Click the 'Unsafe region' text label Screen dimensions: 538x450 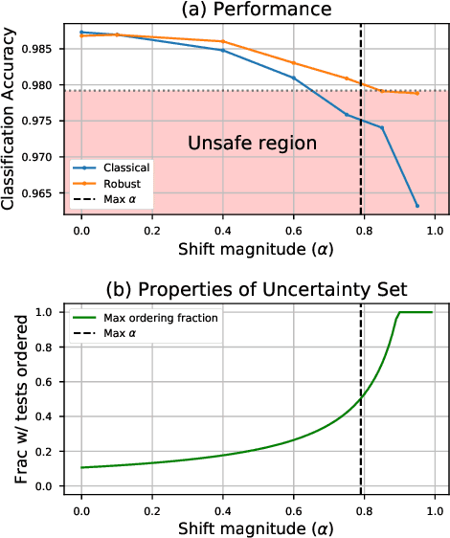[x=239, y=145]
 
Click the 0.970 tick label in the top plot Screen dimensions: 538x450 [x=48, y=157]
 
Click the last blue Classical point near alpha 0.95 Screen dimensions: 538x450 [x=416, y=206]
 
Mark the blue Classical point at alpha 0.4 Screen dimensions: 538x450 [x=223, y=50]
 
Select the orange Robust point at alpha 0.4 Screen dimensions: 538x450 [x=223, y=41]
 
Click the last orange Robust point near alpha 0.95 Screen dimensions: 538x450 [x=416, y=93]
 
